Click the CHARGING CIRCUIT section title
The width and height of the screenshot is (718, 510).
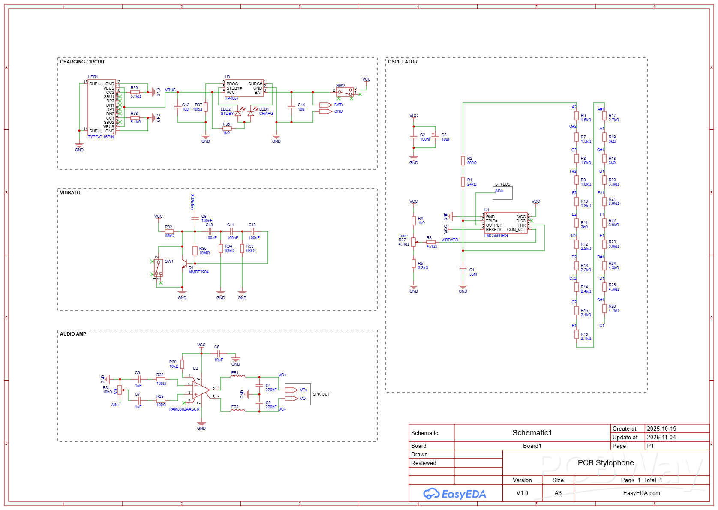pos(82,62)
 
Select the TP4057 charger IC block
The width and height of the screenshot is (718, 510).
pos(244,88)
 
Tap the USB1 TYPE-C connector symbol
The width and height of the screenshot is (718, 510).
pos(102,107)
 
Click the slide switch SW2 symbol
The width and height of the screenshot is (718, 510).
pos(345,92)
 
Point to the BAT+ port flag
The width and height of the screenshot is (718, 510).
pos(326,105)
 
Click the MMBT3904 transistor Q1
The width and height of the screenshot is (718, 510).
pos(185,263)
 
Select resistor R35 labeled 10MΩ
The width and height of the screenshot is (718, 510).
pos(195,250)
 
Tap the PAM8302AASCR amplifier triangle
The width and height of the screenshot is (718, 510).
pos(200,390)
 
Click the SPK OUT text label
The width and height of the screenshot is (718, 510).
pos(321,394)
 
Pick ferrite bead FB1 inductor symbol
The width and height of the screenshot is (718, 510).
pos(238,377)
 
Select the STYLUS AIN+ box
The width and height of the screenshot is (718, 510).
pos(502,192)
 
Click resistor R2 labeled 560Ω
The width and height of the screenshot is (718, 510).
pos(463,160)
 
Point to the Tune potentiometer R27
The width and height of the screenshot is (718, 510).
pos(413,242)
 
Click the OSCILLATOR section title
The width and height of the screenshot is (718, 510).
pos(403,62)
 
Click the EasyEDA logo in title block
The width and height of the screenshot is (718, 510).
pos(455,494)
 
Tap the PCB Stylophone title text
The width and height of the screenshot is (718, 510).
pos(605,463)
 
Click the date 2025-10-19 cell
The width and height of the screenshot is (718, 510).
pos(661,429)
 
